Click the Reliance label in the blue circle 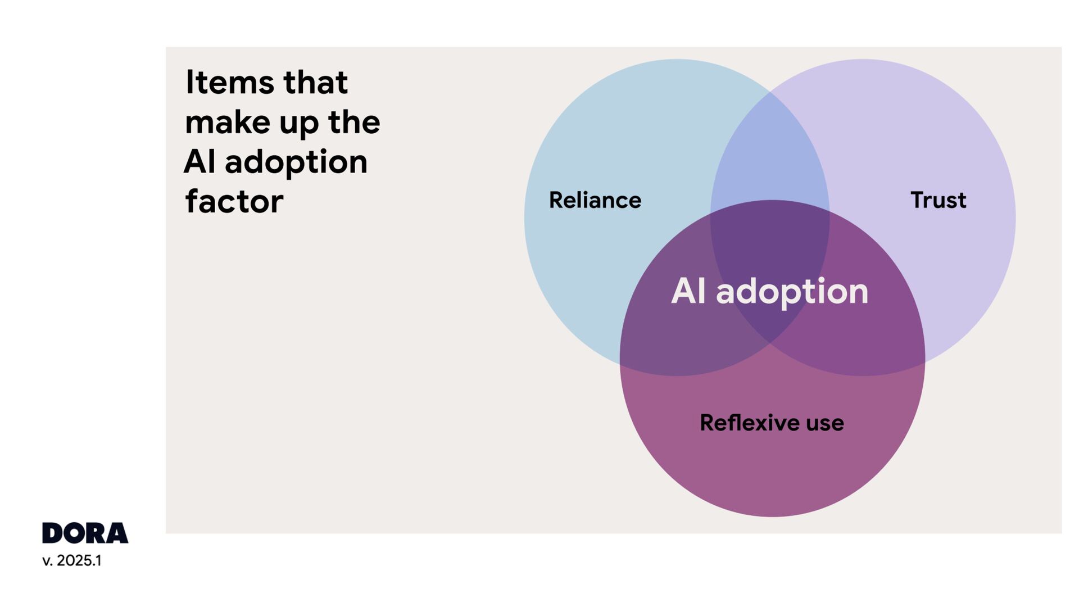595,200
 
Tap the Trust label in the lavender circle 938,200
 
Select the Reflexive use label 772,423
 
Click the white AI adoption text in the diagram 769,291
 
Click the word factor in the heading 234,201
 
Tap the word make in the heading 228,122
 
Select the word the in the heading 354,122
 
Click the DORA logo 85,533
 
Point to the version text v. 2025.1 72,560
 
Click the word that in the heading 315,82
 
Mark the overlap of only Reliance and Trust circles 770,152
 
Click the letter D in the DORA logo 52,533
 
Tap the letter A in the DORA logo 117,533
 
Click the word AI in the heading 200,162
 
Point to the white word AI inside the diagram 688,291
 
